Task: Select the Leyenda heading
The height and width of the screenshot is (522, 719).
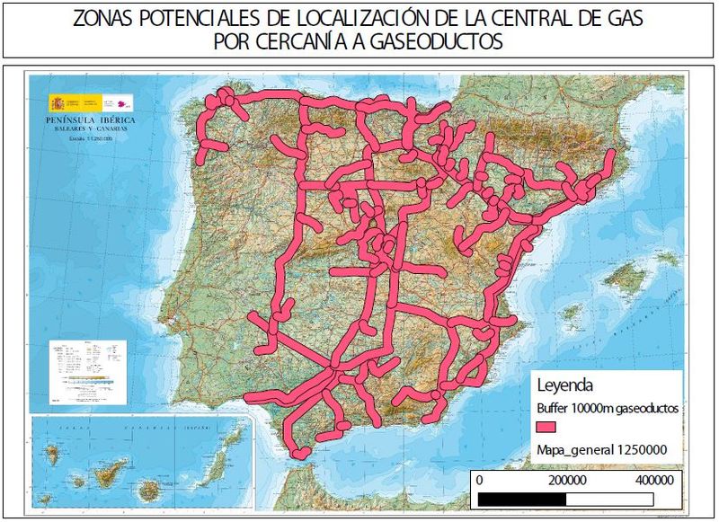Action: click(564, 386)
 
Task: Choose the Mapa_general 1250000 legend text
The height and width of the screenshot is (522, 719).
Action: click(601, 449)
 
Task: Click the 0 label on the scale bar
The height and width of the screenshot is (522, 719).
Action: click(478, 481)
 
